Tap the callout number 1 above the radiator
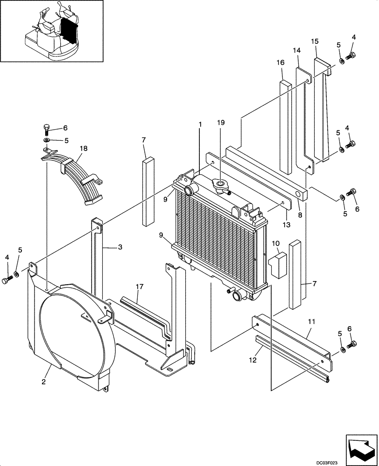pos(200,125)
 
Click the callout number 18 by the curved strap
pos(83,148)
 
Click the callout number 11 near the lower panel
pos(312,321)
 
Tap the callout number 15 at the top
pos(315,41)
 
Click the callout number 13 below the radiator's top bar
pos(286,225)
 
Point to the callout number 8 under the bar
pos(300,215)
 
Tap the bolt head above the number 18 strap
pos(47,127)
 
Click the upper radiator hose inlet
pos(189,190)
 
